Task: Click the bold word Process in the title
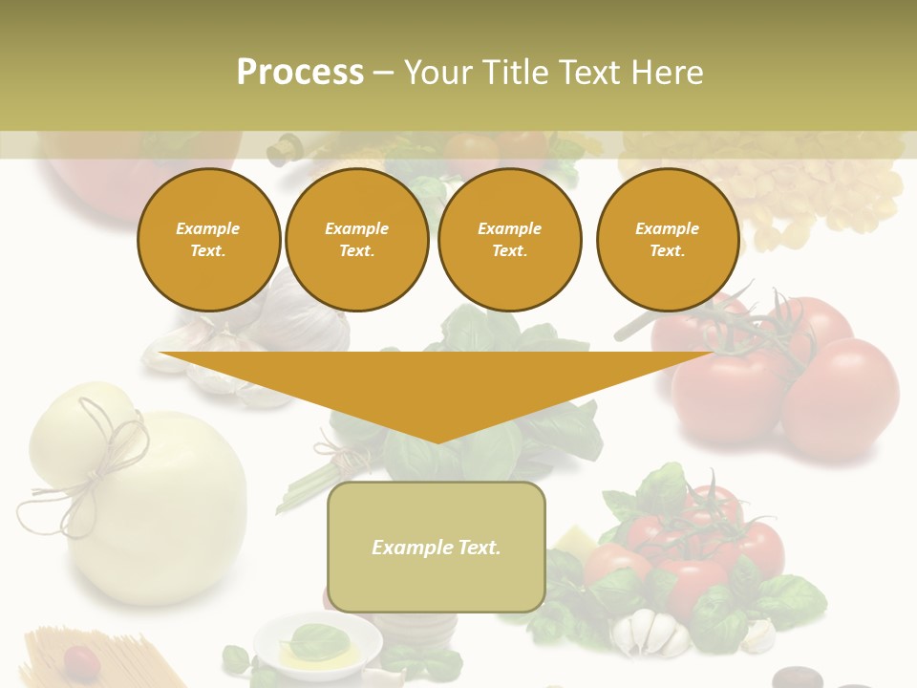(300, 73)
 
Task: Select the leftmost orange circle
(208, 240)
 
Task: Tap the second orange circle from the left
(356, 240)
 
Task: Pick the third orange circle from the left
(509, 240)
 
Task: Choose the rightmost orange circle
(667, 240)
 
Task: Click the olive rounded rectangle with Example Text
(437, 547)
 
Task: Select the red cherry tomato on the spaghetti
(80, 659)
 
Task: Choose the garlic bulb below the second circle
(306, 315)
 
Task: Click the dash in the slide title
(383, 73)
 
